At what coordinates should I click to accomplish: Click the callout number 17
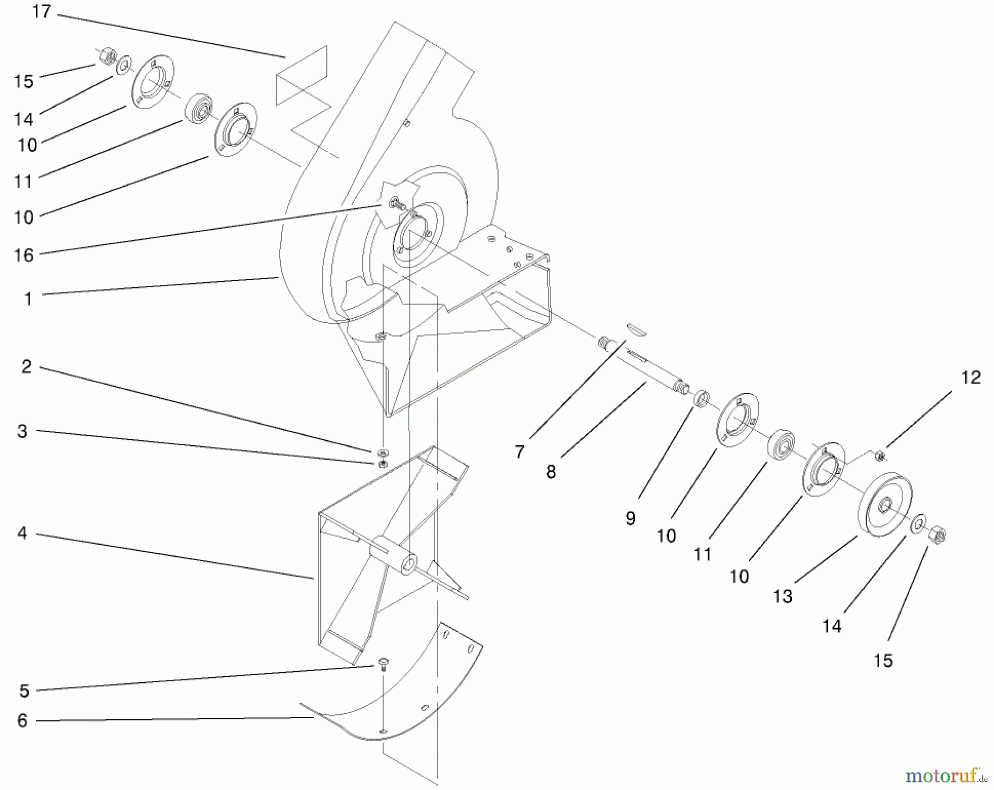[41, 12]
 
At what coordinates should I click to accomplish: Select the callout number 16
[24, 255]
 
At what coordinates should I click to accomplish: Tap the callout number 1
[28, 299]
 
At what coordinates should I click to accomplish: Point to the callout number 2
[26, 366]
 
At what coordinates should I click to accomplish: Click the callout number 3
[22, 431]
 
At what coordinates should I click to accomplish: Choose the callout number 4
[22, 533]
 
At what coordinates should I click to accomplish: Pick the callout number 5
[24, 691]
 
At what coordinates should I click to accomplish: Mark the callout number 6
[22, 720]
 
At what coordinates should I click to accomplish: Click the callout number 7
[519, 452]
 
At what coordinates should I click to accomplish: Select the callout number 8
[551, 472]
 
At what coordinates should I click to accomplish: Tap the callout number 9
[630, 518]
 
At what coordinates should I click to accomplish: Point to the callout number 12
[971, 378]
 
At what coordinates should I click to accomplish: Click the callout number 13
[782, 596]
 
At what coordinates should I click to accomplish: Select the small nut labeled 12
[881, 456]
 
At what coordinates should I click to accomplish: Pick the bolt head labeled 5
[382, 662]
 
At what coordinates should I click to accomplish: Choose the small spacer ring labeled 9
[701, 397]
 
